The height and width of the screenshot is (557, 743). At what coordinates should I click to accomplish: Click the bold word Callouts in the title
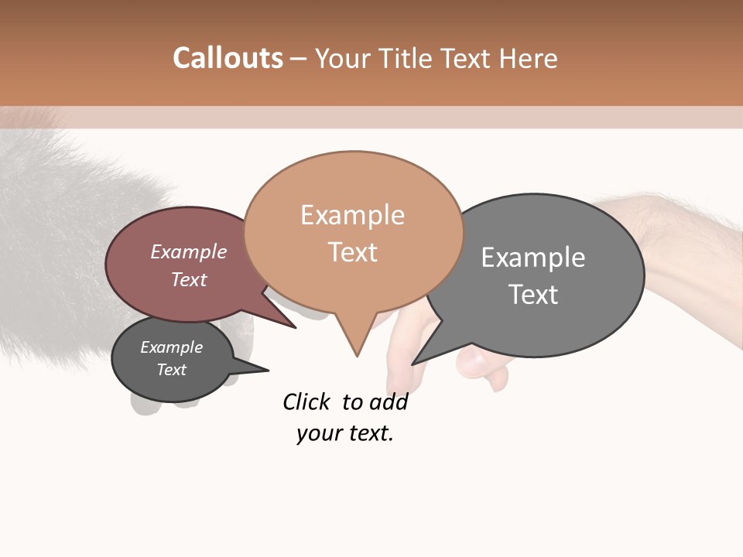[228, 58]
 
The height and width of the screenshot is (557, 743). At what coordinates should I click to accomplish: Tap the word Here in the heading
[529, 59]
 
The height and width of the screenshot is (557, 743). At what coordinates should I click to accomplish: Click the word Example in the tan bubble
[352, 215]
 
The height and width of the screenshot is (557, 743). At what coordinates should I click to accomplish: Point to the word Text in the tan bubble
[352, 252]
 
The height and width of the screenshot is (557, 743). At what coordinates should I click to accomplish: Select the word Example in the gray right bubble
[533, 258]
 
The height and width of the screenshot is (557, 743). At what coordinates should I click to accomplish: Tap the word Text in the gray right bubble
[533, 295]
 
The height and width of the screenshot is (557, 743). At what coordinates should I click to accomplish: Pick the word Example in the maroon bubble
[189, 252]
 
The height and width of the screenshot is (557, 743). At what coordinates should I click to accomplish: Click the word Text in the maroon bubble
[189, 279]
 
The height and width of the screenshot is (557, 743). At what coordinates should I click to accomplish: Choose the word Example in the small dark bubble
[171, 347]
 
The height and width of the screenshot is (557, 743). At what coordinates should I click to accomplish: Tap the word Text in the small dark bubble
[171, 370]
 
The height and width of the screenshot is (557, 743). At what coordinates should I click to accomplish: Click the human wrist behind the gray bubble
[666, 232]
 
